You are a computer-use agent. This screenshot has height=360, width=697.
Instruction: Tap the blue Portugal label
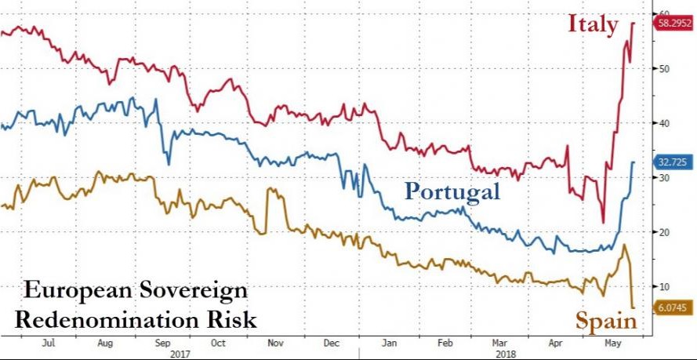coord(452,191)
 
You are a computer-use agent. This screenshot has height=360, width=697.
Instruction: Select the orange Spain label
coord(606,321)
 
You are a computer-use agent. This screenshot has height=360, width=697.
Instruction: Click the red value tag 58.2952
coord(673,24)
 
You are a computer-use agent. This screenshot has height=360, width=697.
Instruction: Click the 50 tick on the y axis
coord(663,69)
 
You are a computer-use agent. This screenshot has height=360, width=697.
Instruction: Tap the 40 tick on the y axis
coord(663,123)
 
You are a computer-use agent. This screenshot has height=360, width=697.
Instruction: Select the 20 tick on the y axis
coord(663,231)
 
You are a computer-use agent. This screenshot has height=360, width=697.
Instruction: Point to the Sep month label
coord(163,344)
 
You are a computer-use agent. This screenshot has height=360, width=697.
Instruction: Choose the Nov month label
coord(276,344)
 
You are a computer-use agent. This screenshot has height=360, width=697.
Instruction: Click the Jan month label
coord(388,344)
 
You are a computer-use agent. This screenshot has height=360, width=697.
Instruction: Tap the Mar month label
coord(499,344)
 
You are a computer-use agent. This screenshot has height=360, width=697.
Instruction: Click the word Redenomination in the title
coord(103,320)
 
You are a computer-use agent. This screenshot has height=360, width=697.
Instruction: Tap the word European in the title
coord(66,291)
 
